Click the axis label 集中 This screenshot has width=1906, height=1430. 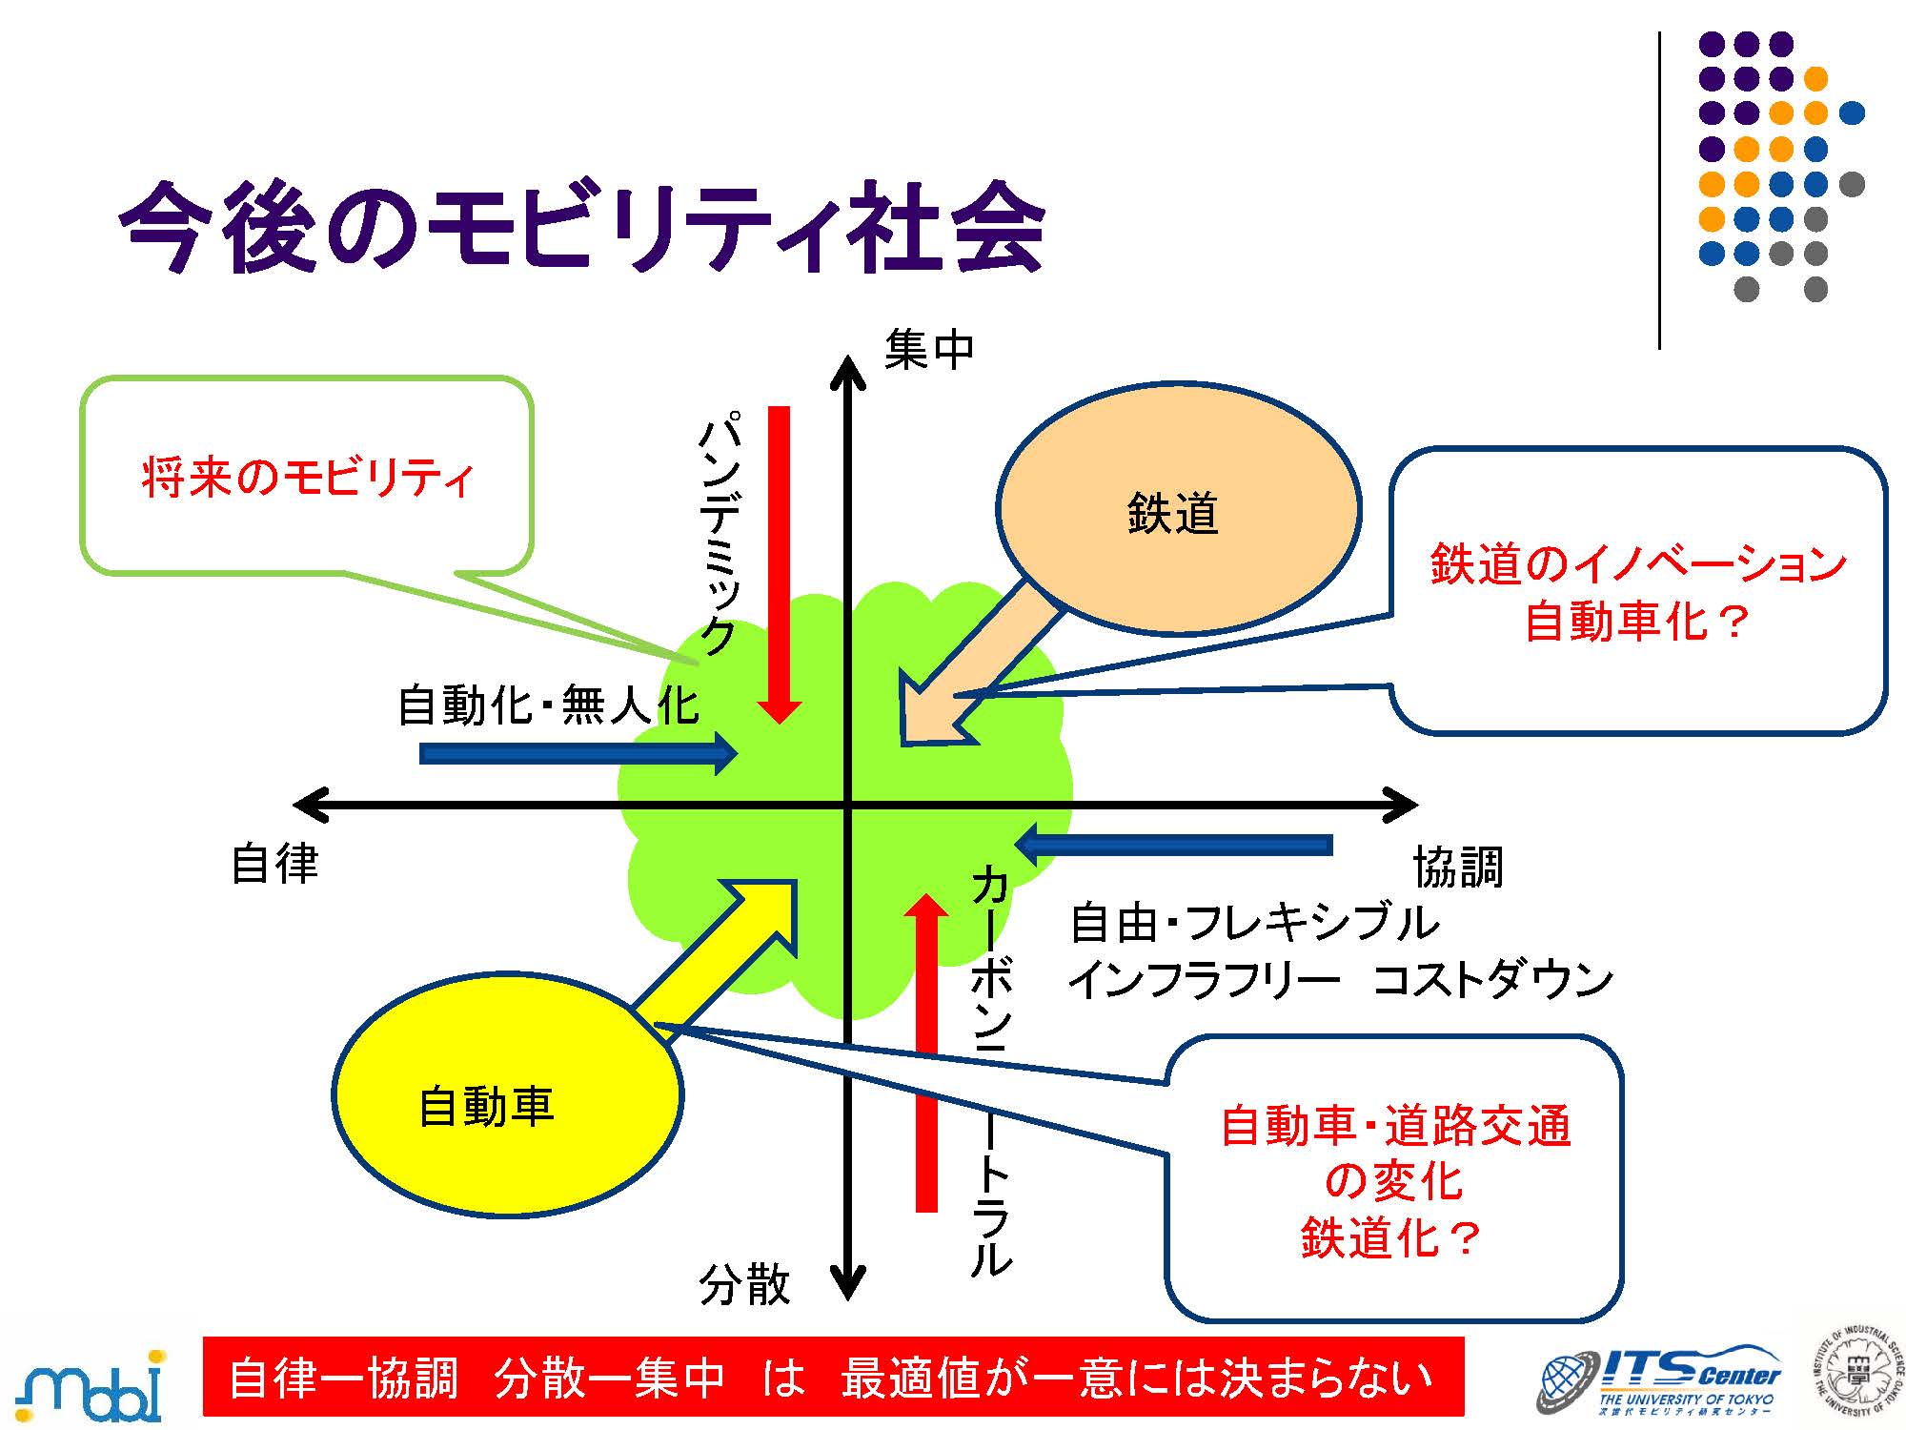pos(929,349)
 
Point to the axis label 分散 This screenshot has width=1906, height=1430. pos(744,1284)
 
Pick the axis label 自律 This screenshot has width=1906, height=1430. pos(275,864)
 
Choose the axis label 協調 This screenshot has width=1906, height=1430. pos(1457,867)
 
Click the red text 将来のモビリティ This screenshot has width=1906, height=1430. pos(307,477)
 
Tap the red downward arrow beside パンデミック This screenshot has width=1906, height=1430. pos(780,562)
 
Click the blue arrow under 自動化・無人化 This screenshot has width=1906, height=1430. pos(578,753)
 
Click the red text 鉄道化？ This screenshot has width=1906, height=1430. pos(1391,1237)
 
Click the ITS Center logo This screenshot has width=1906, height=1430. pos(1658,1379)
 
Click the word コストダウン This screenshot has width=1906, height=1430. pos(1492,980)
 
